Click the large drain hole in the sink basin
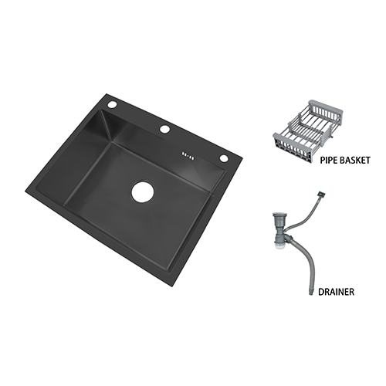tap(143, 192)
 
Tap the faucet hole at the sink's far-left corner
tap(112, 105)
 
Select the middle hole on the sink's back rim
tap(164, 129)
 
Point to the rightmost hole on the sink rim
tap(224, 158)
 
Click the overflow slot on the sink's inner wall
tap(188, 155)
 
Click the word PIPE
tap(329, 160)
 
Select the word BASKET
tap(355, 160)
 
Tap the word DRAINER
tap(336, 292)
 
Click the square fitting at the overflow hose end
tap(322, 194)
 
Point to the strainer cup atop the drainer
tap(278, 219)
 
